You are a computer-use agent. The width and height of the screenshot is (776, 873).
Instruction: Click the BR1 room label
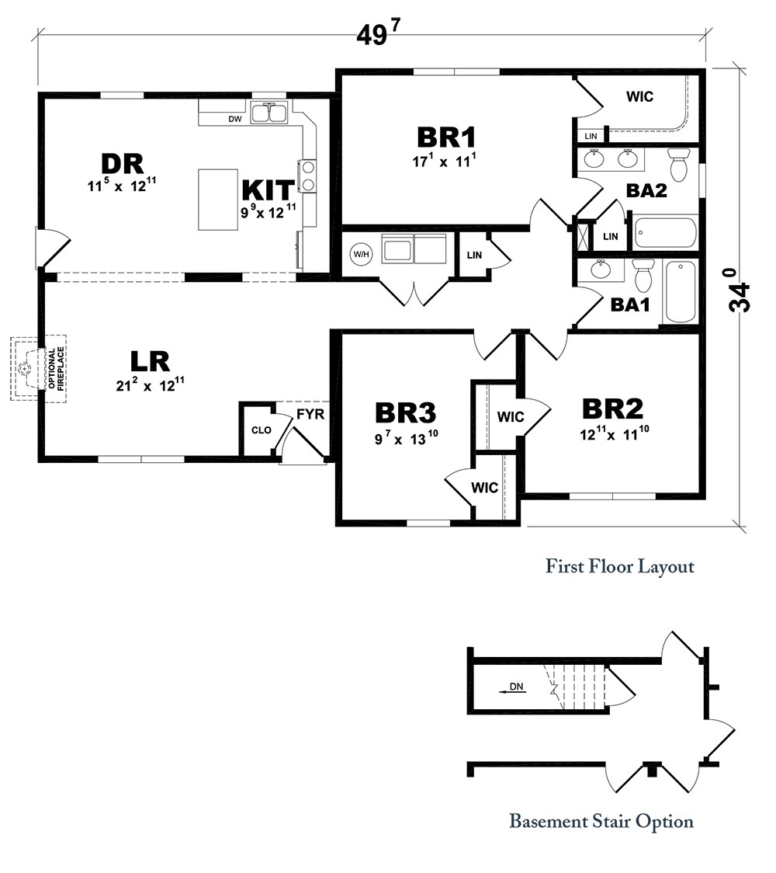pyautogui.click(x=446, y=137)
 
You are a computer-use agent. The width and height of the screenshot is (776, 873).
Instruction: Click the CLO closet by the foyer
pyautogui.click(x=261, y=430)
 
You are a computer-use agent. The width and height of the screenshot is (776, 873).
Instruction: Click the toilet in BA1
pyautogui.click(x=643, y=274)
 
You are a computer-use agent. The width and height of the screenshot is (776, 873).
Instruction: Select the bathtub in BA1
pyautogui.click(x=682, y=291)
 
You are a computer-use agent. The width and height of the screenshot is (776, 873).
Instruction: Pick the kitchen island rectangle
pyautogui.click(x=218, y=200)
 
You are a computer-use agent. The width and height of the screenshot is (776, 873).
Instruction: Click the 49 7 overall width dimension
pyautogui.click(x=379, y=33)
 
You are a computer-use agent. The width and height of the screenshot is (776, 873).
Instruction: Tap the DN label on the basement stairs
pyautogui.click(x=516, y=687)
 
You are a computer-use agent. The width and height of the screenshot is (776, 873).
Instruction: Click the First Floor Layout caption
pyautogui.click(x=619, y=566)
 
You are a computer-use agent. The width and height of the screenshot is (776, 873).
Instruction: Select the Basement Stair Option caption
pyautogui.click(x=601, y=821)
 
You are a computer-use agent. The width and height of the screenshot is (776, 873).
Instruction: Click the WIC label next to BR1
pyautogui.click(x=639, y=97)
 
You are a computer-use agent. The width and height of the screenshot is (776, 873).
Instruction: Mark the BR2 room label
pyautogui.click(x=613, y=409)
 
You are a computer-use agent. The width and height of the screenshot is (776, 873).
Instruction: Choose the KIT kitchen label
pyautogui.click(x=268, y=190)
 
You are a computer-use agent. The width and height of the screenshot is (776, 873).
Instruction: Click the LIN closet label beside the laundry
pyautogui.click(x=474, y=255)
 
